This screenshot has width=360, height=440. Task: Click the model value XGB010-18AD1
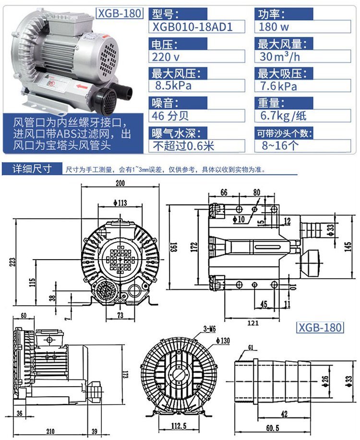192,27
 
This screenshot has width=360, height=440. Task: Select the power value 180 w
274,27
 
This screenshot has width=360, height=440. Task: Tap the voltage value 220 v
166,57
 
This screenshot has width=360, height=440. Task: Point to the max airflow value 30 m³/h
279,57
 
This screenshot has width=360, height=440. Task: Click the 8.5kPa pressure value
173,85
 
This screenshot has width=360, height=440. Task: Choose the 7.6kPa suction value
278,86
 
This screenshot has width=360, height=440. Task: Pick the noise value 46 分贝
170,116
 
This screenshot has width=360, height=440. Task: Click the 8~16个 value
280,145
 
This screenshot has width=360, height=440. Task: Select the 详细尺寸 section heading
32,169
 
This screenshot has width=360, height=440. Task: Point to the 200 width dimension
120,183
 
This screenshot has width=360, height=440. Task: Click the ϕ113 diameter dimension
120,202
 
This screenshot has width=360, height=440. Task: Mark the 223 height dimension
13,262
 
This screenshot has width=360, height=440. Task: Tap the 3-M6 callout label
209,329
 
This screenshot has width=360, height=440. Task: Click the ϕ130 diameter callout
223,341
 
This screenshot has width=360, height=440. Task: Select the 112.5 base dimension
179,426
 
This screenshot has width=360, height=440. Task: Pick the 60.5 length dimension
273,428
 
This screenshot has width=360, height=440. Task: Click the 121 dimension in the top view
253,323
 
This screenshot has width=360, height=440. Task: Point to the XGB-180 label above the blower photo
120,13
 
